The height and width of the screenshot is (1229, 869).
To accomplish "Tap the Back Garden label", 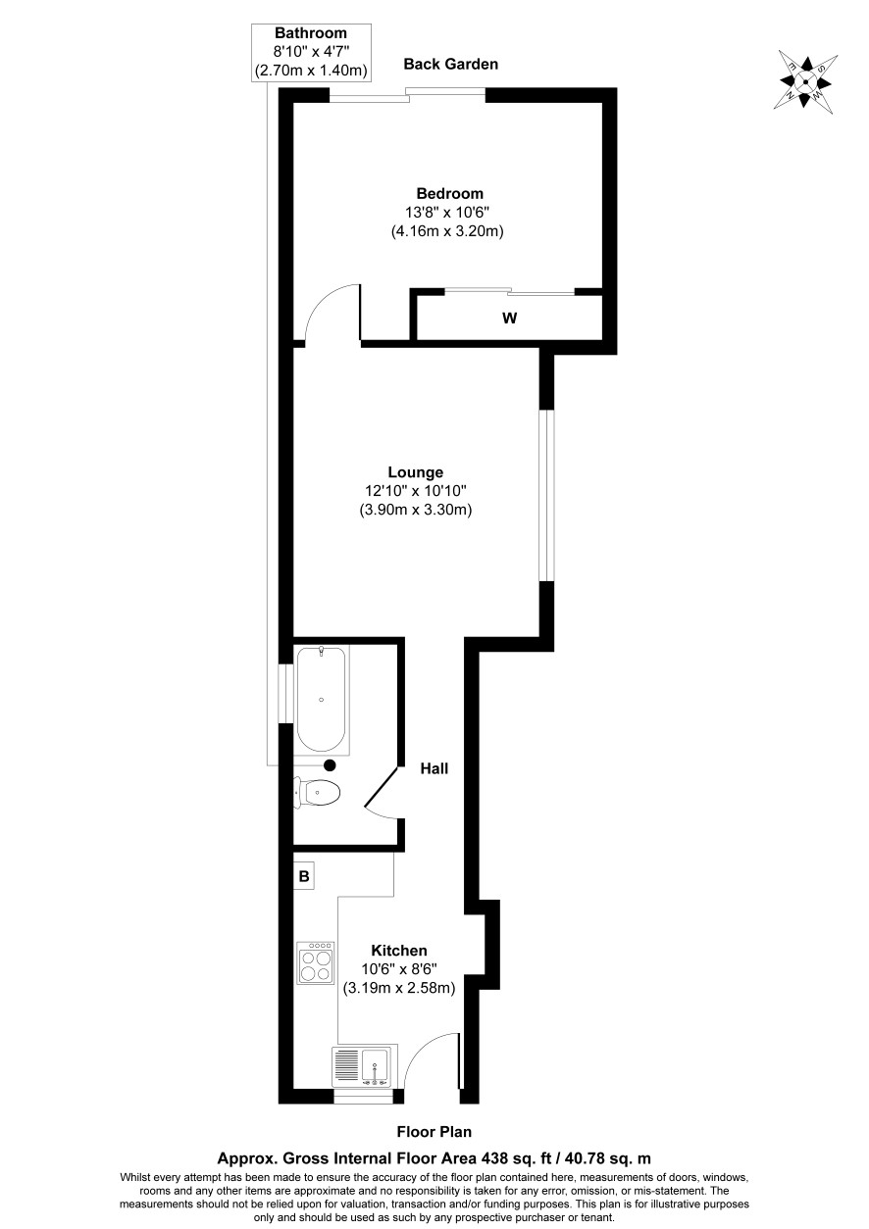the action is (451, 64).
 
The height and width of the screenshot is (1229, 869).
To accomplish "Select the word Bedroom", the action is (449, 193).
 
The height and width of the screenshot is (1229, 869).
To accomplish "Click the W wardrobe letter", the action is (509, 319).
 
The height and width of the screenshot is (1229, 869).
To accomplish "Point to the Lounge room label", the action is (416, 471).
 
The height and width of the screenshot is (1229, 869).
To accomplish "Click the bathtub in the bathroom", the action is (321, 699).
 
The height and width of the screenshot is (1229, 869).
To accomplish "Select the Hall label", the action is (434, 768).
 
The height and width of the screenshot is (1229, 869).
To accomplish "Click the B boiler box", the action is (304, 876).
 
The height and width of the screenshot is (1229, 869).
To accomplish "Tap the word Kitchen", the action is (399, 951).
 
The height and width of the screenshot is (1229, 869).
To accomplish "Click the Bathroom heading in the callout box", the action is (311, 33).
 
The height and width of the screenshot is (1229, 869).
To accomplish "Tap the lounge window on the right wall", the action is (546, 496).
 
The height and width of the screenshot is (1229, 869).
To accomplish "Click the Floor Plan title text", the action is (434, 1131).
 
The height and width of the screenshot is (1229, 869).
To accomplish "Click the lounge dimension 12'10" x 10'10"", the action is (416, 490).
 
